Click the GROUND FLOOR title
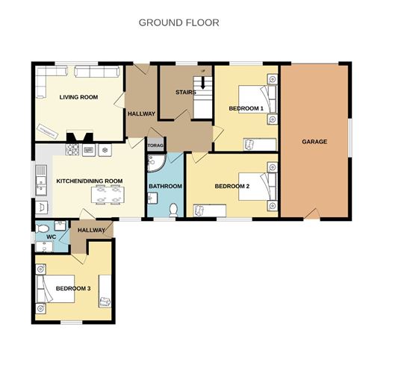179,22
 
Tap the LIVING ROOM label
78,96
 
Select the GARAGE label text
314,141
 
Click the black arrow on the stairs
202,82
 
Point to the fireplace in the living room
78,137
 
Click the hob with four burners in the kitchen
74,150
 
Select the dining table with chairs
108,194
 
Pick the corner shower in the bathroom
155,164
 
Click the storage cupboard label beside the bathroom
155,146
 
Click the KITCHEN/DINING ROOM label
90,181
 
